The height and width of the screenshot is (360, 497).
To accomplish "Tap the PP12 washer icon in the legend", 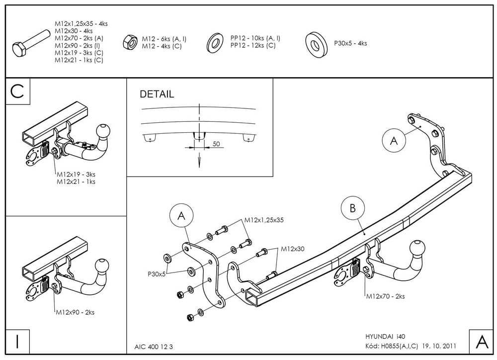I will tap(216, 43).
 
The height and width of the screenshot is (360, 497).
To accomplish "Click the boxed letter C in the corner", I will tap(17, 92).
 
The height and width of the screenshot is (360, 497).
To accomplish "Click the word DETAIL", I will tap(157, 94).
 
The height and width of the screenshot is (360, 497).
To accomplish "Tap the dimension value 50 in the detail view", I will tap(217, 144).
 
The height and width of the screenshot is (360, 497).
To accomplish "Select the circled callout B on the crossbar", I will tap(353, 208).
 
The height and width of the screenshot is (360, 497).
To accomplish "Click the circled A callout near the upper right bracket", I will tap(394, 141).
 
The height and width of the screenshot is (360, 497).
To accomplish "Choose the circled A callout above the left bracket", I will tap(181, 215).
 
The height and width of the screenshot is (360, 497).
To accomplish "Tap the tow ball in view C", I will tap(104, 131).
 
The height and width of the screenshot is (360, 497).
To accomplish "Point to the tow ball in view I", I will tap(103, 266).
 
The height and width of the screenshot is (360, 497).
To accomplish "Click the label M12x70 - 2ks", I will tap(385, 296).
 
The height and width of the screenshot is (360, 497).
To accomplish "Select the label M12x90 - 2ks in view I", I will tap(76, 312).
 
